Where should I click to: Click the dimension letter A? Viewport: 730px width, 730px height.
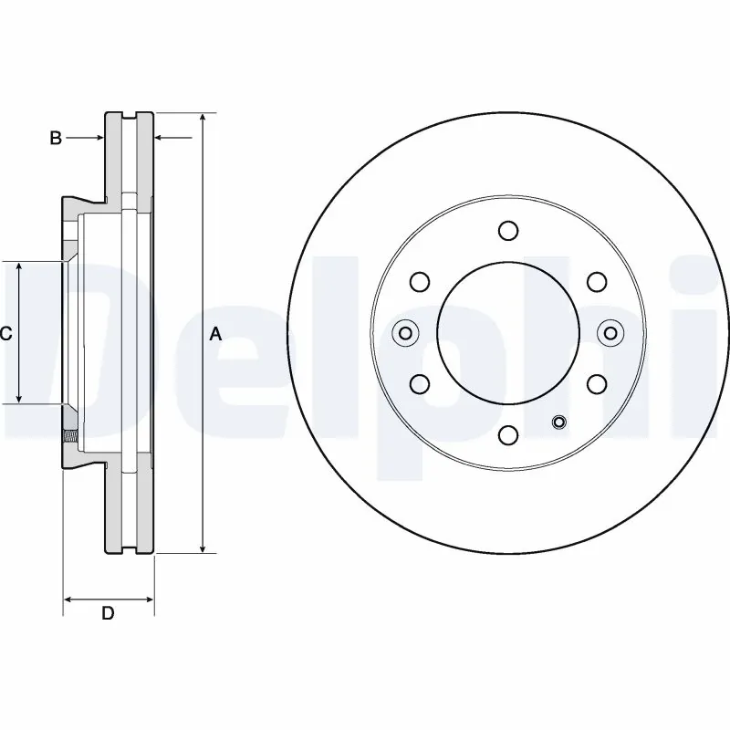coord(215,334)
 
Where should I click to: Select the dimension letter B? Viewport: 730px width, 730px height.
coord(56,138)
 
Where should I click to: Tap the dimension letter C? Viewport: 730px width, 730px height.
coord(5,334)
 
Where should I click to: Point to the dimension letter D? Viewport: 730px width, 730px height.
coord(108,613)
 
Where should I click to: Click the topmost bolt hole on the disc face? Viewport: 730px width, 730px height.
coord(509,231)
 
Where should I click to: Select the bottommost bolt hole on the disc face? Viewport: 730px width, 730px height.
coord(509,435)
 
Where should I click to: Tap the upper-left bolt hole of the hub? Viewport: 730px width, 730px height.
coord(421,281)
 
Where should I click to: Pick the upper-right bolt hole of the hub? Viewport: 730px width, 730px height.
coord(597,281)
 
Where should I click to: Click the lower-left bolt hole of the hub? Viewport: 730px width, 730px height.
coord(421,383)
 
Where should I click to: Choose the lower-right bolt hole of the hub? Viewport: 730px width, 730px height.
coord(597,383)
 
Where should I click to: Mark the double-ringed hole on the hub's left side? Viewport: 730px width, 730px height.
coord(404,333)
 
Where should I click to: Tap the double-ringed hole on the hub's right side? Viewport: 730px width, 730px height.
coord(610,333)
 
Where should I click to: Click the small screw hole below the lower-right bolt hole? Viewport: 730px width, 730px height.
coord(559,422)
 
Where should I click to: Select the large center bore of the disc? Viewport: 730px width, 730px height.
coord(509,333)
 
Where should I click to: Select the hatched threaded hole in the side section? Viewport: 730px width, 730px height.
coord(69,438)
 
